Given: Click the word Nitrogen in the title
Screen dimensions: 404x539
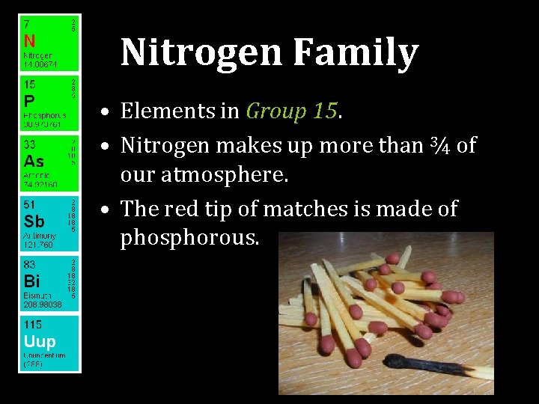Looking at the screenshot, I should pos(201,53).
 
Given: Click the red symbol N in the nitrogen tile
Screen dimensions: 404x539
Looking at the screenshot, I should pos(29,40).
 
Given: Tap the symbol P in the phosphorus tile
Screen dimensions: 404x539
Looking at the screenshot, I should pos(28,100).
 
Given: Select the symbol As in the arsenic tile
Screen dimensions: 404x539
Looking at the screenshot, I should pos(34,161).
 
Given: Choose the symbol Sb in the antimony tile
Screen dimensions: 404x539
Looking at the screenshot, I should pos(34,221).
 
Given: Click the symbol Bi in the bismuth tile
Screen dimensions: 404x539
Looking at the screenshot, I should pos(31,282).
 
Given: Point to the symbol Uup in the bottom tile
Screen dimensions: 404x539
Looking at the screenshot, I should pos(39,342).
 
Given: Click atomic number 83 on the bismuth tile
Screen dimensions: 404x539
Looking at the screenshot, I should pos(29,266).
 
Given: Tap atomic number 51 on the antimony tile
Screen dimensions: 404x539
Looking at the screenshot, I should pos(28,205).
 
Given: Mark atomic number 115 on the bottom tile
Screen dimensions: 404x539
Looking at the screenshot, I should pos(32,325).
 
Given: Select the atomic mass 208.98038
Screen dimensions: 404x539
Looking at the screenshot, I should pos(42,305).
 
